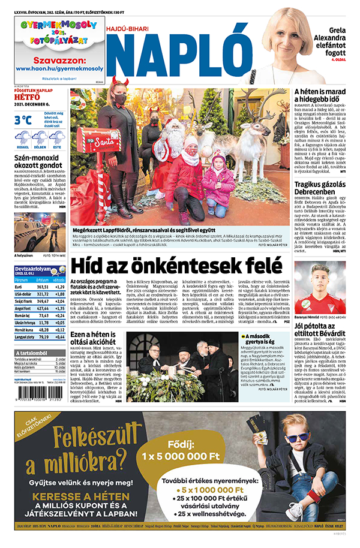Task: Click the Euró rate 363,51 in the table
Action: click(x=43, y=287)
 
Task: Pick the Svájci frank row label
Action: click(x=25, y=301)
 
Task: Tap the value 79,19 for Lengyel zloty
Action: click(x=43, y=337)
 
